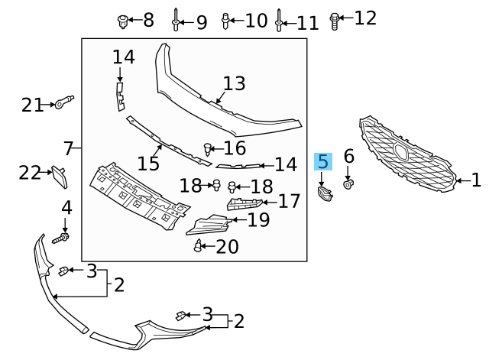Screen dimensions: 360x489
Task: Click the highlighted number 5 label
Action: [x=323, y=161]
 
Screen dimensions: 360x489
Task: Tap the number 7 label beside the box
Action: [x=68, y=147]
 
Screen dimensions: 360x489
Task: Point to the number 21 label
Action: [x=33, y=105]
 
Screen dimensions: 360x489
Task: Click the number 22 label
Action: [x=30, y=173]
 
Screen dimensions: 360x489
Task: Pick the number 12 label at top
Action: [x=365, y=18]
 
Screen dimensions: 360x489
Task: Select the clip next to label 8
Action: [x=122, y=20]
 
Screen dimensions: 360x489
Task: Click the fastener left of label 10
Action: [x=225, y=20]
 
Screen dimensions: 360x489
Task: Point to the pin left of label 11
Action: [x=280, y=21]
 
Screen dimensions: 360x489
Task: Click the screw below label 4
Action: [x=62, y=238]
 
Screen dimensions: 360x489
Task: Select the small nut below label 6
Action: [x=348, y=183]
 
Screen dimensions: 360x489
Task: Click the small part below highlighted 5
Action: [x=324, y=194]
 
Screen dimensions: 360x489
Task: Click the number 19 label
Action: [x=259, y=221]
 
